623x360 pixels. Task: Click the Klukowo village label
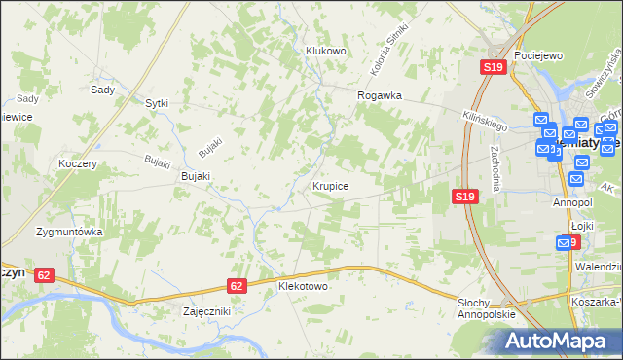coord(326,51)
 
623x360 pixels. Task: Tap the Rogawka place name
coord(380,96)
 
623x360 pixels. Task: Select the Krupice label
coord(331,184)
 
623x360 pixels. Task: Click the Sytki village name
coord(157,102)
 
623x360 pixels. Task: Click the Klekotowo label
coord(303,288)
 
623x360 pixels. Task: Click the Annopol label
coord(572,202)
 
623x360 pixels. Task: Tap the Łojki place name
coord(582,225)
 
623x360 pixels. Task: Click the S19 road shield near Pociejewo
coord(493,67)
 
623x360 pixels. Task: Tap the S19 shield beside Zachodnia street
coord(464,197)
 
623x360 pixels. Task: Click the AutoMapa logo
coord(557,342)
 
